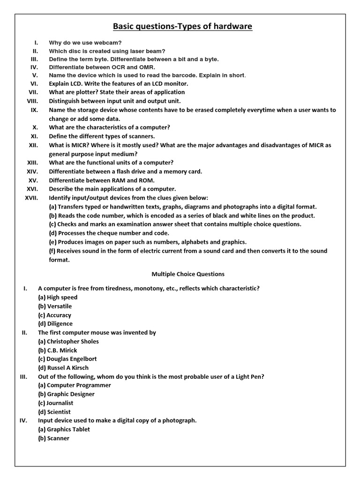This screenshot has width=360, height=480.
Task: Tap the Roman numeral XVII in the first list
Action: [x=34, y=198]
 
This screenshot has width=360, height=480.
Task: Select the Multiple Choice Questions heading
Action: [x=187, y=274]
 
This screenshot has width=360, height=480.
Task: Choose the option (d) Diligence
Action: [x=55, y=323]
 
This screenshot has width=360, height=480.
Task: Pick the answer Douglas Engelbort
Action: [x=71, y=359]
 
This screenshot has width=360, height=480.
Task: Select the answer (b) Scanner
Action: [x=54, y=438]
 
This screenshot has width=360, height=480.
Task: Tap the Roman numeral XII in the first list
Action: [x=33, y=145]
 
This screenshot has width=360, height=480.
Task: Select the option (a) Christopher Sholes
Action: [x=68, y=341]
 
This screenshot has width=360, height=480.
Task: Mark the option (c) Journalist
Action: [x=56, y=403]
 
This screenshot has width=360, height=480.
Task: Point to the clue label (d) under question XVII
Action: [x=53, y=233]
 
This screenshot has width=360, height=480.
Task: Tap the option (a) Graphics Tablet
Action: [x=64, y=429]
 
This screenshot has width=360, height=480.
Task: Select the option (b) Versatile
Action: [x=55, y=306]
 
